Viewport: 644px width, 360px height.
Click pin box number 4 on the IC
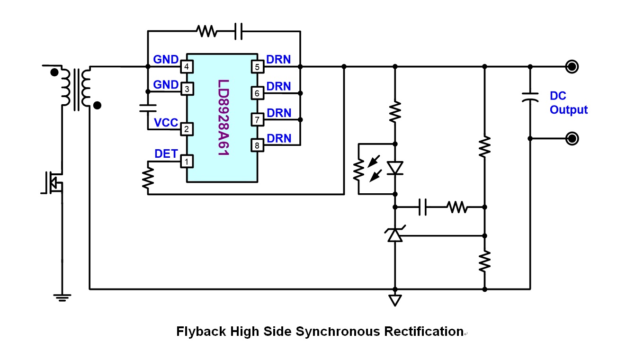pyautogui.click(x=187, y=67)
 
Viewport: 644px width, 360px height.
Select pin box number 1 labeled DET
pyautogui.click(x=187, y=162)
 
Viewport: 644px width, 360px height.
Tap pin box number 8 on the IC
pyautogui.click(x=257, y=145)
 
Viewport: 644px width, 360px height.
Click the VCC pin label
pyautogui.click(x=166, y=123)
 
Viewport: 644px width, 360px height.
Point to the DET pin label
pyautogui.click(x=166, y=153)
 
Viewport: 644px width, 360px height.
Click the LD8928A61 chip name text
pyautogui.click(x=223, y=117)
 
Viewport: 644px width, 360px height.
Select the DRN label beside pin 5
pyautogui.click(x=278, y=60)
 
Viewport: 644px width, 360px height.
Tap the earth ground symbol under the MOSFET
pyautogui.click(x=62, y=298)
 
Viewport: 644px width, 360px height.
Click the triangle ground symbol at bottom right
pyautogui.click(x=395, y=300)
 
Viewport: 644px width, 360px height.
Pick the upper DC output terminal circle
pyautogui.click(x=572, y=67)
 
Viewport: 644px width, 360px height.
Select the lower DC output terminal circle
pyautogui.click(x=572, y=139)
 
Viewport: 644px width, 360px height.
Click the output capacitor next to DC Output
pyautogui.click(x=530, y=97)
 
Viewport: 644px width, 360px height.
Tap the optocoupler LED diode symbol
pyautogui.click(x=395, y=168)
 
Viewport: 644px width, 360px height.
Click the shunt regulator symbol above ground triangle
pyautogui.click(x=395, y=234)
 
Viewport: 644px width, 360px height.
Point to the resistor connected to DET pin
pyautogui.click(x=148, y=178)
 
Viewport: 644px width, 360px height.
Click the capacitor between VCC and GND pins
pyautogui.click(x=148, y=108)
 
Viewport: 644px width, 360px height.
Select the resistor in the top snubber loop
pyautogui.click(x=207, y=31)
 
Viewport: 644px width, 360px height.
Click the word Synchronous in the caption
pyautogui.click(x=338, y=332)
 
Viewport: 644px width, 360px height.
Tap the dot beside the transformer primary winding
pyautogui.click(x=54, y=72)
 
